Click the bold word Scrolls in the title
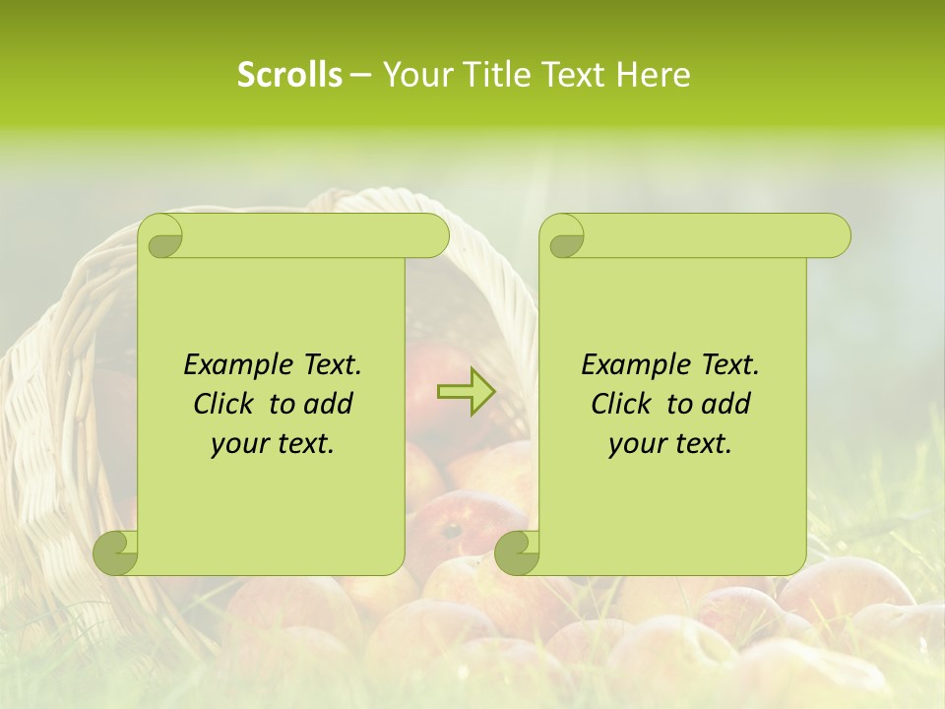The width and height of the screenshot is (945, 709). point(289,75)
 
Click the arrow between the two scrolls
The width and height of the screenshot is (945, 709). point(466,392)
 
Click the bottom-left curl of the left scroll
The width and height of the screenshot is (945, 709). point(116,552)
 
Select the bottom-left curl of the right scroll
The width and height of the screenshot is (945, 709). point(517,552)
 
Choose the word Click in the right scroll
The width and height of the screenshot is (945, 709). point(619,404)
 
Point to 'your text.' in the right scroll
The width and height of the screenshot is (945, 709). point(670,443)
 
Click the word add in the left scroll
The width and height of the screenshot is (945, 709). point(329,404)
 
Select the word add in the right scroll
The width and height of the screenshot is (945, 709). point(726,404)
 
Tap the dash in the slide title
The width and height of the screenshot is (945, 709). point(360,75)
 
